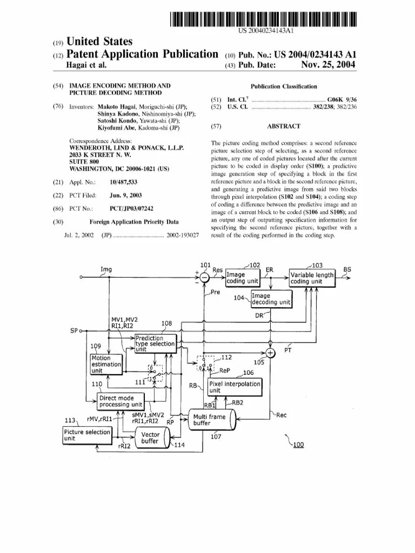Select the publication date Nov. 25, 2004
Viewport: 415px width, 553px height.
tap(328, 65)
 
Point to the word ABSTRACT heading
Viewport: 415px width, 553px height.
tap(283, 126)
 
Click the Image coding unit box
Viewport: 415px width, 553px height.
tap(242, 278)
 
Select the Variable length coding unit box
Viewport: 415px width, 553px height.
tap(312, 278)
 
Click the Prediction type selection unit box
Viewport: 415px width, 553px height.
tap(155, 343)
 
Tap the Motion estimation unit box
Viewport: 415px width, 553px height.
tap(106, 365)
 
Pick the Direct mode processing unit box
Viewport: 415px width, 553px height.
tap(121, 401)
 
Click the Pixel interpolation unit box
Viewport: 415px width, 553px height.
tap(235, 387)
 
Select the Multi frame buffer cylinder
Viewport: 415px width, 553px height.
tap(212, 420)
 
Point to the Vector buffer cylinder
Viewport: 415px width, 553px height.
tap(151, 438)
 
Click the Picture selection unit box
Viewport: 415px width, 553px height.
tap(87, 436)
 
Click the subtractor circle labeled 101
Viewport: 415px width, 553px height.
tap(204, 278)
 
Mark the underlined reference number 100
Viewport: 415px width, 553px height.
tap(298, 445)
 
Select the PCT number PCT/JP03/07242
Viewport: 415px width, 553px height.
tap(131, 208)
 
